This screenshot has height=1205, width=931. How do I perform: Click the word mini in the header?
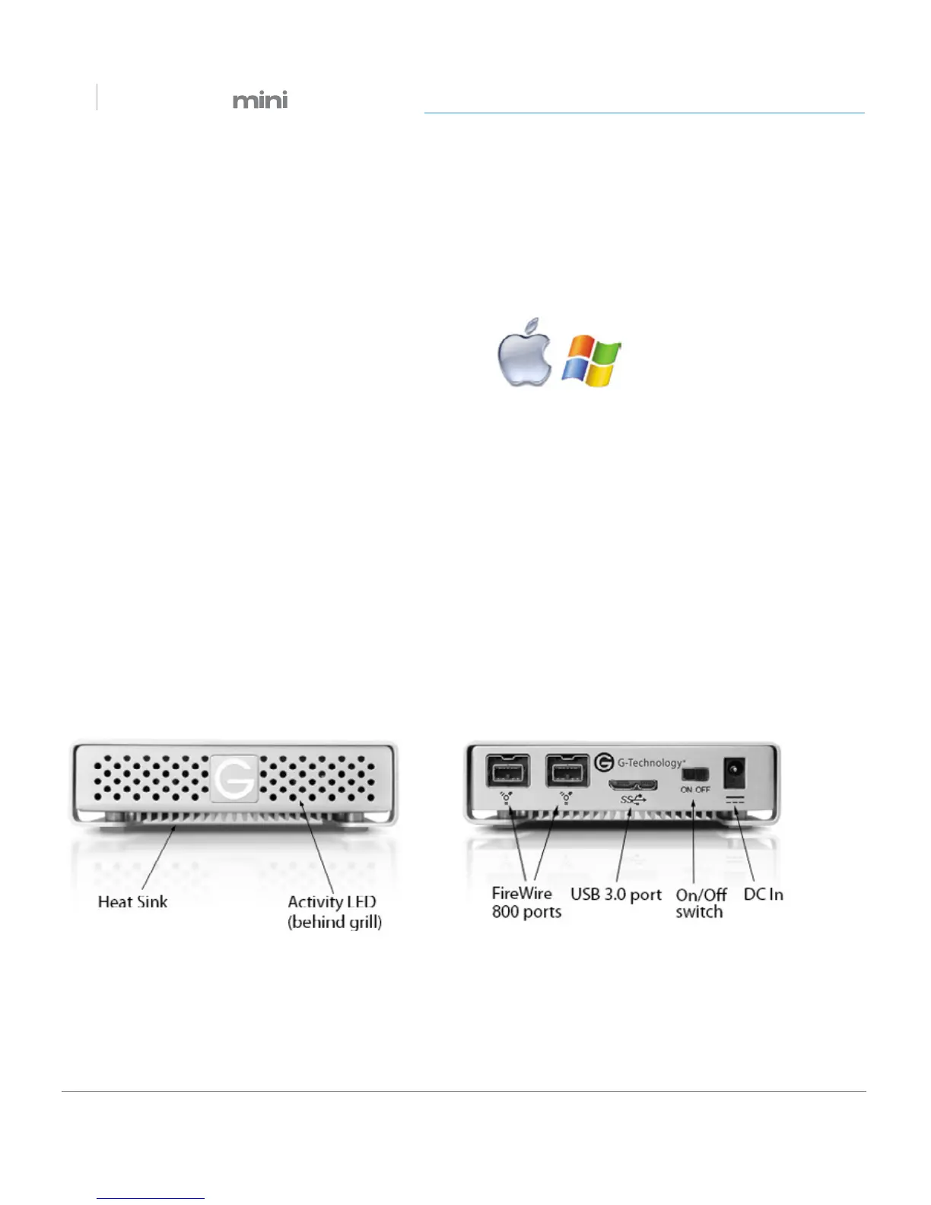pos(260,100)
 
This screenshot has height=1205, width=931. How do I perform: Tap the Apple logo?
pos(525,353)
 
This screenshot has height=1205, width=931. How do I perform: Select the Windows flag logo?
pos(591,361)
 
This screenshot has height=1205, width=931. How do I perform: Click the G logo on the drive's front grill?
pos(234,777)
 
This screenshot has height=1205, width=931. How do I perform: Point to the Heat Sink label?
pos(132,902)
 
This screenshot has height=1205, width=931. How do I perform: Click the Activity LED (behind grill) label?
pos(334,912)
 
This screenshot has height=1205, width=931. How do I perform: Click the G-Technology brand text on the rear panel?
pos(650,762)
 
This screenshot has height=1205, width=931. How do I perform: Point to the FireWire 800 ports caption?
pos(526,903)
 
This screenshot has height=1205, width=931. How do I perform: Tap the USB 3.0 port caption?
pos(616,895)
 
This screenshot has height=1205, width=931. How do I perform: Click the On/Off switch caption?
pos(701,903)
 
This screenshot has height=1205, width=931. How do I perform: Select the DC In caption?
pos(763,895)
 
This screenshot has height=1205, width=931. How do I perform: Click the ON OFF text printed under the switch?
pos(695,790)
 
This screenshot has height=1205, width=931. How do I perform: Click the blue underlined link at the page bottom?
pos(151,1198)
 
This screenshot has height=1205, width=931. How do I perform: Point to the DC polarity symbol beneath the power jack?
pos(735,800)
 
